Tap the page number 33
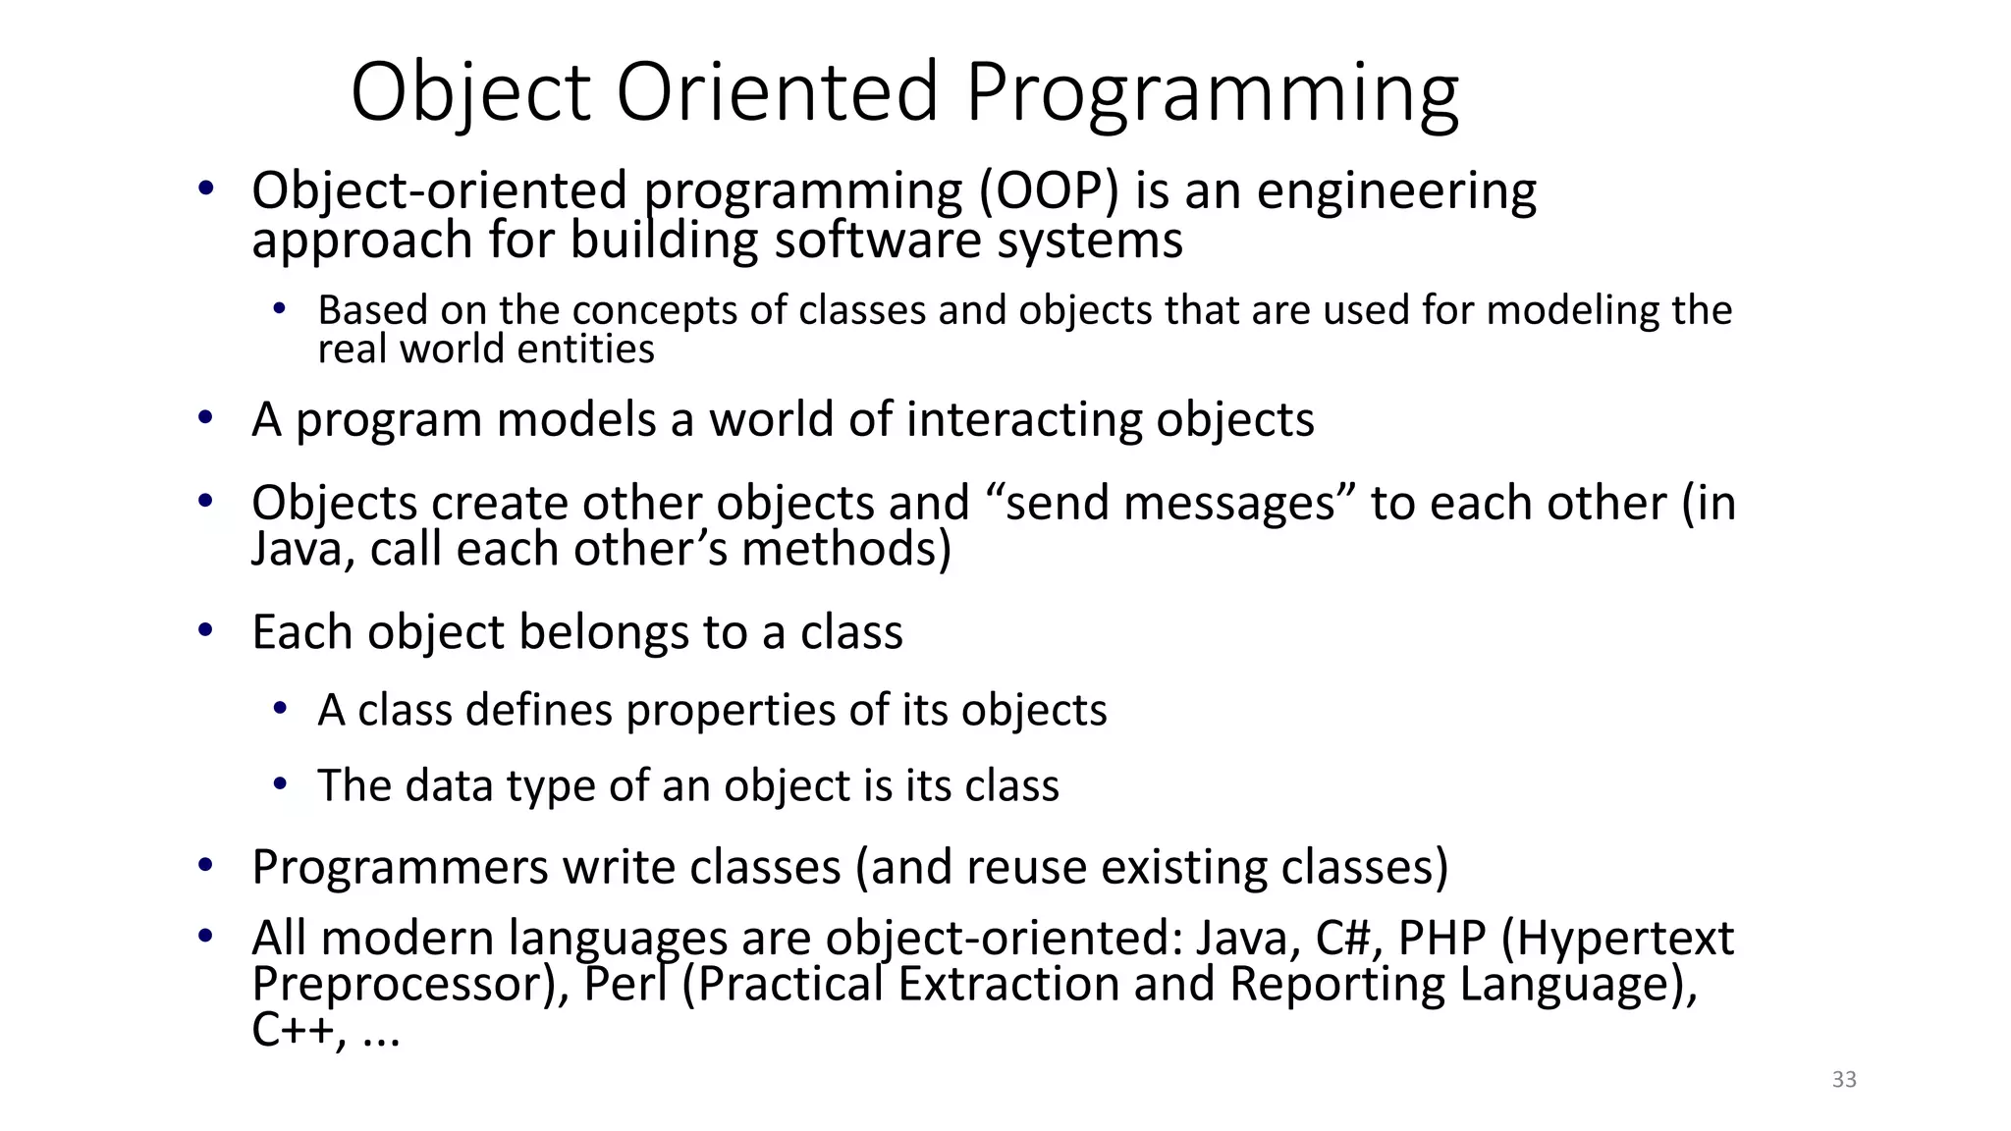(1844, 1080)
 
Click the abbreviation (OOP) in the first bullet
(1049, 190)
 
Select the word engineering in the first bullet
(1396, 192)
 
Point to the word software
(877, 241)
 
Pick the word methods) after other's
(846, 549)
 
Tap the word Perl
(625, 985)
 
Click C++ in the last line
(292, 1031)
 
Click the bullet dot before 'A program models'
(205, 418)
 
